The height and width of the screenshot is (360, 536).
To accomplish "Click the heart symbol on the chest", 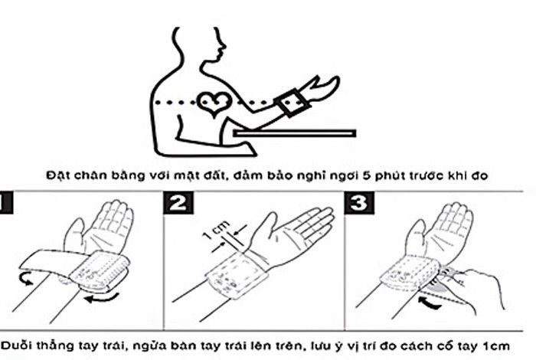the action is pos(214,103).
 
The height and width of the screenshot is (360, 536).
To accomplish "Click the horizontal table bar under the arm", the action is pos(295,133).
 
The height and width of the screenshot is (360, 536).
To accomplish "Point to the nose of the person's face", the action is pos(224,44).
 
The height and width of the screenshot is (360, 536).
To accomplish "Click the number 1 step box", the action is pos(6,204).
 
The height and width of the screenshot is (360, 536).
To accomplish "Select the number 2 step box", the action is pos(178,203).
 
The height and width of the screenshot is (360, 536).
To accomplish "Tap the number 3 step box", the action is pos(359,203).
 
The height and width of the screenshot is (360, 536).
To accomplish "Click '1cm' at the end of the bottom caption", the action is pos(496,346).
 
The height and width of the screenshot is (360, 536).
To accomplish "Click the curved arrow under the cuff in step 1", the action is pos(102,299).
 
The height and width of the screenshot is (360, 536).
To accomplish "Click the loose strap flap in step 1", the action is pos(47,261).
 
